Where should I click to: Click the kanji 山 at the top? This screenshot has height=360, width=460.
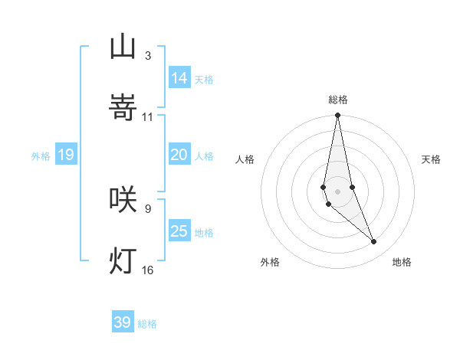click(x=123, y=47)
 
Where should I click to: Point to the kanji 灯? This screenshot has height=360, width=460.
click(x=123, y=260)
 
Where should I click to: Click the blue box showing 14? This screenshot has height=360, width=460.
click(x=179, y=77)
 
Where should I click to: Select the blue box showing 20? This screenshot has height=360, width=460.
click(x=179, y=155)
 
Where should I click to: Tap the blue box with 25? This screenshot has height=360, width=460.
click(x=179, y=231)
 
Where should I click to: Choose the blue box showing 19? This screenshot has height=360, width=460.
click(x=66, y=155)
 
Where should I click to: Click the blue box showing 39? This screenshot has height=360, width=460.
click(x=123, y=322)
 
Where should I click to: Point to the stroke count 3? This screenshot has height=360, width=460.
click(x=147, y=56)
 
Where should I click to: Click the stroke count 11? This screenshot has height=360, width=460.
click(x=148, y=117)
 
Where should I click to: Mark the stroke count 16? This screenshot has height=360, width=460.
click(x=148, y=270)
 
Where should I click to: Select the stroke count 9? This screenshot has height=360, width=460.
click(x=147, y=208)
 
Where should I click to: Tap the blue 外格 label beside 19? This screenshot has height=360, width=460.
click(x=41, y=156)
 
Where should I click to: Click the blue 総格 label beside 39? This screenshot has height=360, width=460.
click(x=147, y=324)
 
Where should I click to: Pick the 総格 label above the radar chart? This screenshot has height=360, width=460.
click(x=338, y=100)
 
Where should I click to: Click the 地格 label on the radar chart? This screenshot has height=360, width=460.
click(x=402, y=262)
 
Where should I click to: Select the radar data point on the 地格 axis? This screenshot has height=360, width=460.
click(x=374, y=242)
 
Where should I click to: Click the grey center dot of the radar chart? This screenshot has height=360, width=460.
click(x=338, y=191)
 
